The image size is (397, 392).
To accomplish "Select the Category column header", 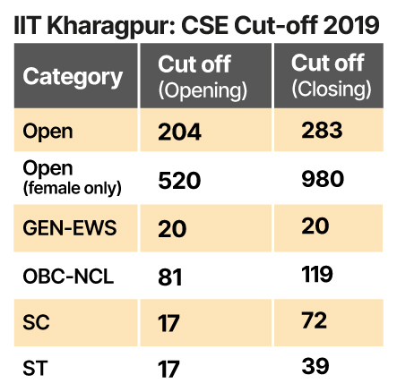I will (73, 76).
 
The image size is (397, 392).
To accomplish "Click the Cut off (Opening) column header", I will (203, 76).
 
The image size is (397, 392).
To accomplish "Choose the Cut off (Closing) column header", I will (332, 76).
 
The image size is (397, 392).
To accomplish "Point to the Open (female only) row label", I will (73, 178).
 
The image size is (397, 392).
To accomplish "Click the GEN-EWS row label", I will (70, 227).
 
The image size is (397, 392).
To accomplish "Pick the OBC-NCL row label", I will (68, 277).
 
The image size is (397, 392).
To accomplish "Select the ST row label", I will (36, 366).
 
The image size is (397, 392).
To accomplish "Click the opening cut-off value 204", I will (180, 132).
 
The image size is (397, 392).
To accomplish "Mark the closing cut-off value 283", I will (323, 131).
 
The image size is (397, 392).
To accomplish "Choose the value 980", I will (323, 179).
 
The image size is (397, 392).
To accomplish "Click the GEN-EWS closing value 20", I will (315, 227).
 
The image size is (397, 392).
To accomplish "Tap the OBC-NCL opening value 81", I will (170, 277).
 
